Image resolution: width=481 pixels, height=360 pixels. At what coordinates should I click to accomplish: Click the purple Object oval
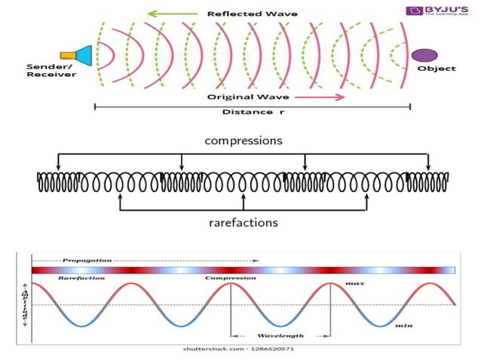click(x=424, y=54)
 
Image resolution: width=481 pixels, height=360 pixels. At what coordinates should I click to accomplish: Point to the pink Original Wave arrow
click(x=320, y=97)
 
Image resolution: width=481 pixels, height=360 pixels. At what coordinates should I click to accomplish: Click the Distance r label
click(x=247, y=112)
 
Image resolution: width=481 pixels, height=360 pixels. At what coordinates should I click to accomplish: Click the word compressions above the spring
click(x=243, y=141)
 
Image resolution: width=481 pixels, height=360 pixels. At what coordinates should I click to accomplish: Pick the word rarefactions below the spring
click(x=243, y=222)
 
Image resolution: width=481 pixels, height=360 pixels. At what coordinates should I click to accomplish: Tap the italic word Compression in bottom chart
click(x=230, y=278)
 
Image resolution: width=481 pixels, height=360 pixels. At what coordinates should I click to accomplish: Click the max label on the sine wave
click(x=355, y=283)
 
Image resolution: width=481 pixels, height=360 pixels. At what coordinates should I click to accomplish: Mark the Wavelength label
click(x=280, y=335)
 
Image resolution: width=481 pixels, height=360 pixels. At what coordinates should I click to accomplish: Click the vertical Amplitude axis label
click(x=25, y=305)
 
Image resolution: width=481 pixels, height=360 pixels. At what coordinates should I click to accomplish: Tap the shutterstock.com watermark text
click(x=237, y=349)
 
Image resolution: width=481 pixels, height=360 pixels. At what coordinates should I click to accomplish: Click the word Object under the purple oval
click(x=437, y=69)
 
